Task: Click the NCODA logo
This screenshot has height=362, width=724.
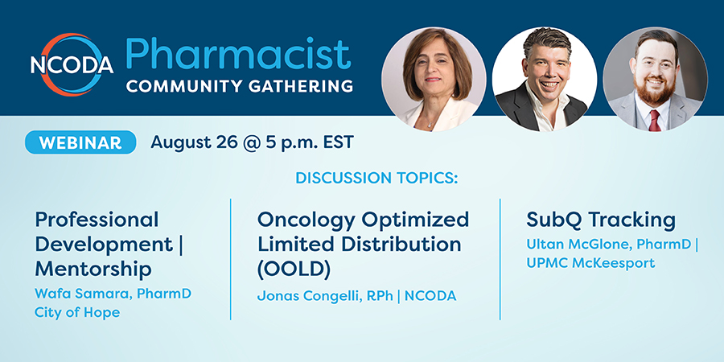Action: click(72, 64)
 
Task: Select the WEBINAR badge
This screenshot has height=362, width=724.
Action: click(80, 142)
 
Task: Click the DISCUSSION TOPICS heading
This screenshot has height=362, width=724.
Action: click(376, 178)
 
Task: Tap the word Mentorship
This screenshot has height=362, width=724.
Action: click(93, 269)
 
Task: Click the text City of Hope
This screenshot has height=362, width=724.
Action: click(77, 313)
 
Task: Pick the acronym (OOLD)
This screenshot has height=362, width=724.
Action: click(294, 269)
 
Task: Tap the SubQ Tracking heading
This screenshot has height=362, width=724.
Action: click(601, 220)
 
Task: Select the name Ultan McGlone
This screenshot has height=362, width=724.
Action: click(579, 245)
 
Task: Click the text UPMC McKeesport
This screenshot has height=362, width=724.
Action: click(590, 263)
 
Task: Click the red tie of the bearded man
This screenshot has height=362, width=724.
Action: click(654, 120)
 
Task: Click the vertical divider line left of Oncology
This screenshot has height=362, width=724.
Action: click(230, 259)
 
